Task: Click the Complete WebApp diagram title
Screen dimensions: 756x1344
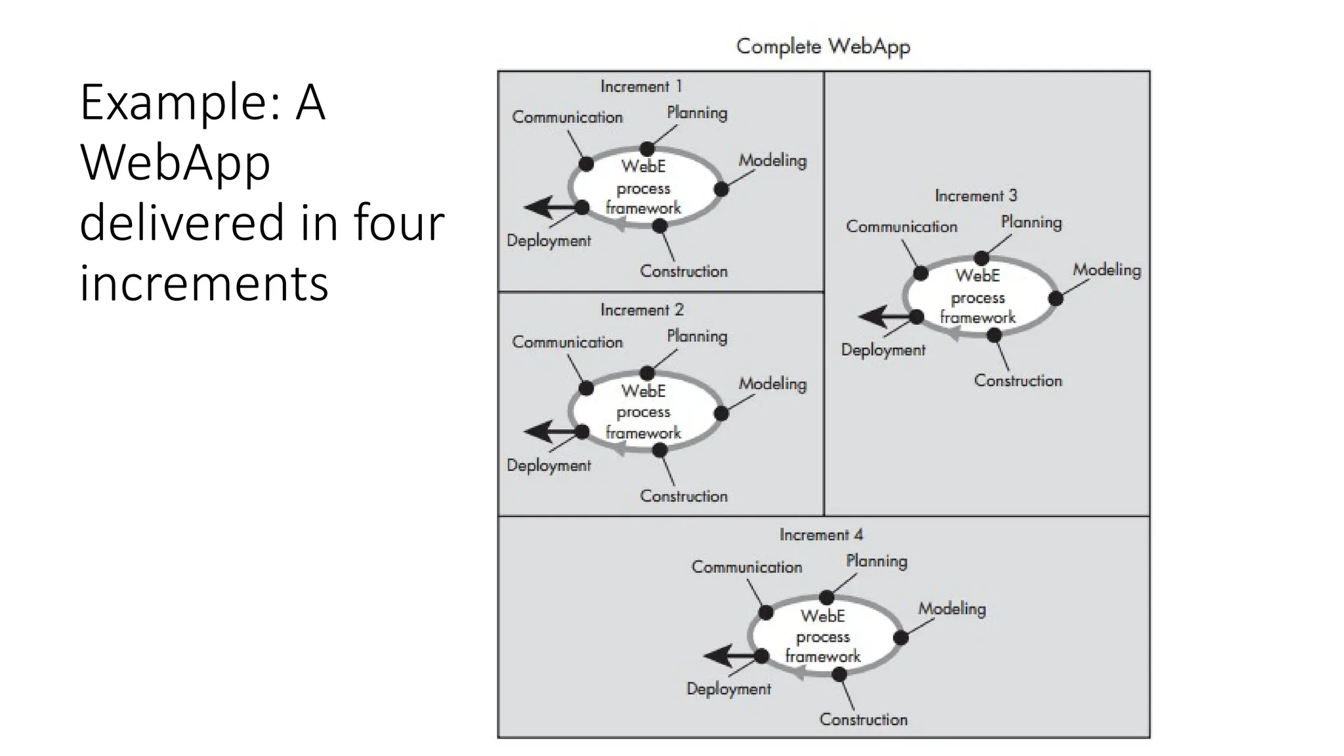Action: tap(823, 47)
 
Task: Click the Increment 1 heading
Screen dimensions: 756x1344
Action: tap(641, 87)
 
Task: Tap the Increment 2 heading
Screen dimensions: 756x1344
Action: tap(641, 310)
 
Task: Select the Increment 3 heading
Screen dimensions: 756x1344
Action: tap(975, 196)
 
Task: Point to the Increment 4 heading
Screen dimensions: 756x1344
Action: tap(820, 535)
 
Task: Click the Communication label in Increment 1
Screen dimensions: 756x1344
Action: tap(567, 117)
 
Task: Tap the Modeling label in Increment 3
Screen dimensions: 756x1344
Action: tap(1106, 270)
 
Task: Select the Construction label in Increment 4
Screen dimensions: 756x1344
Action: tap(863, 720)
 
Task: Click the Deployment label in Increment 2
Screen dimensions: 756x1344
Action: tap(549, 465)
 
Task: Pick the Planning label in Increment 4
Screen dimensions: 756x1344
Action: tap(876, 562)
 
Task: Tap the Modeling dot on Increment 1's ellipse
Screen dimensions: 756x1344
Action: tap(721, 189)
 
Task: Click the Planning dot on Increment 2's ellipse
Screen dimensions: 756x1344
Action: tap(647, 373)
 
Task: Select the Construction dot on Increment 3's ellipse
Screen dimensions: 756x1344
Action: tap(994, 335)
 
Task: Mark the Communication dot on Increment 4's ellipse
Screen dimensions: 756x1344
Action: tap(766, 613)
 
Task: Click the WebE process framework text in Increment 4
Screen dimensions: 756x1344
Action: tap(822, 637)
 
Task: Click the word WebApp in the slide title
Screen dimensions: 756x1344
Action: tap(175, 162)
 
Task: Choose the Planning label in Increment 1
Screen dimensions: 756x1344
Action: tap(697, 113)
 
